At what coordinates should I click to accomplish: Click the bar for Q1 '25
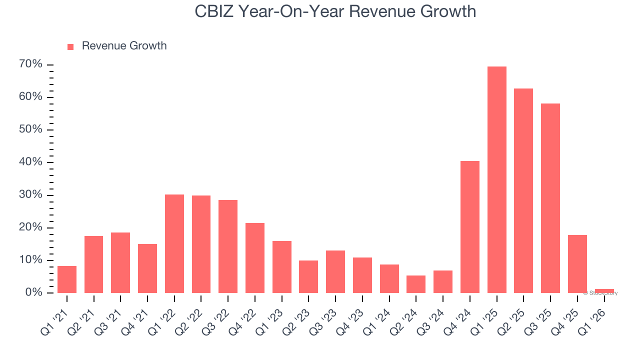pos(496,179)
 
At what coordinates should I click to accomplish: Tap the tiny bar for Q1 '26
pos(604,290)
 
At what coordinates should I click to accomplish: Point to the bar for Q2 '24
pos(416,284)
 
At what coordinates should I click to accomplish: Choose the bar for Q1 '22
pos(174,243)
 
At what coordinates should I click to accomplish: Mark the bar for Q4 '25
pos(577,263)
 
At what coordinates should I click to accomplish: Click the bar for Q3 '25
pos(550,198)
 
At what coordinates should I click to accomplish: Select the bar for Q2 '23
pos(308,276)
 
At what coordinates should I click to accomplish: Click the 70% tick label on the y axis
pos(31,64)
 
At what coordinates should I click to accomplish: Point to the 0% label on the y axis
pos(33,292)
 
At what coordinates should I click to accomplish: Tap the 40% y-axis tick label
pos(31,162)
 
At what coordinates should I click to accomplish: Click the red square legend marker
pos(70,46)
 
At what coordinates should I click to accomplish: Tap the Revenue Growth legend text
pos(124,46)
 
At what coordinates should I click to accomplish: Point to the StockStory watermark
pos(600,293)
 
